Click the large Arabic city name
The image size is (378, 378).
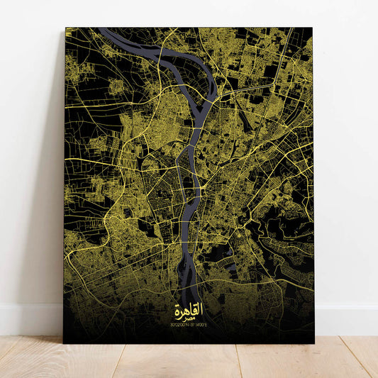[188, 309]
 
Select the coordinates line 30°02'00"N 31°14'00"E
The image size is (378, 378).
[188, 326]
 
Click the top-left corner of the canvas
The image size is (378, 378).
[65, 28]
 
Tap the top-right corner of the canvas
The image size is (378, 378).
[312, 28]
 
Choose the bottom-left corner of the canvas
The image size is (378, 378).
[64, 343]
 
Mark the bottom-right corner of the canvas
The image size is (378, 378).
[314, 343]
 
